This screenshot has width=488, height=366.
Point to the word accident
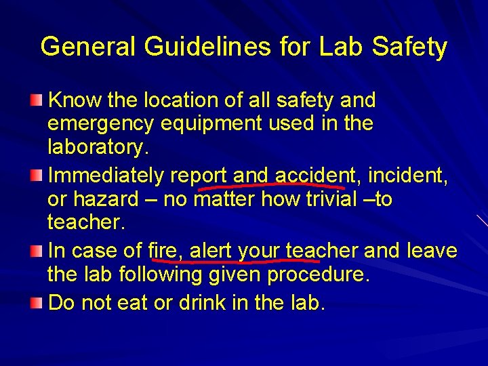[x=317, y=176]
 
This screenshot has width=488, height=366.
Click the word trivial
[x=325, y=200]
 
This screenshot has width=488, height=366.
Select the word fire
[x=164, y=251]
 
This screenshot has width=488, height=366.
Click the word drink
[x=207, y=302]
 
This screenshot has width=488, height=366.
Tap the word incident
[x=407, y=176]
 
